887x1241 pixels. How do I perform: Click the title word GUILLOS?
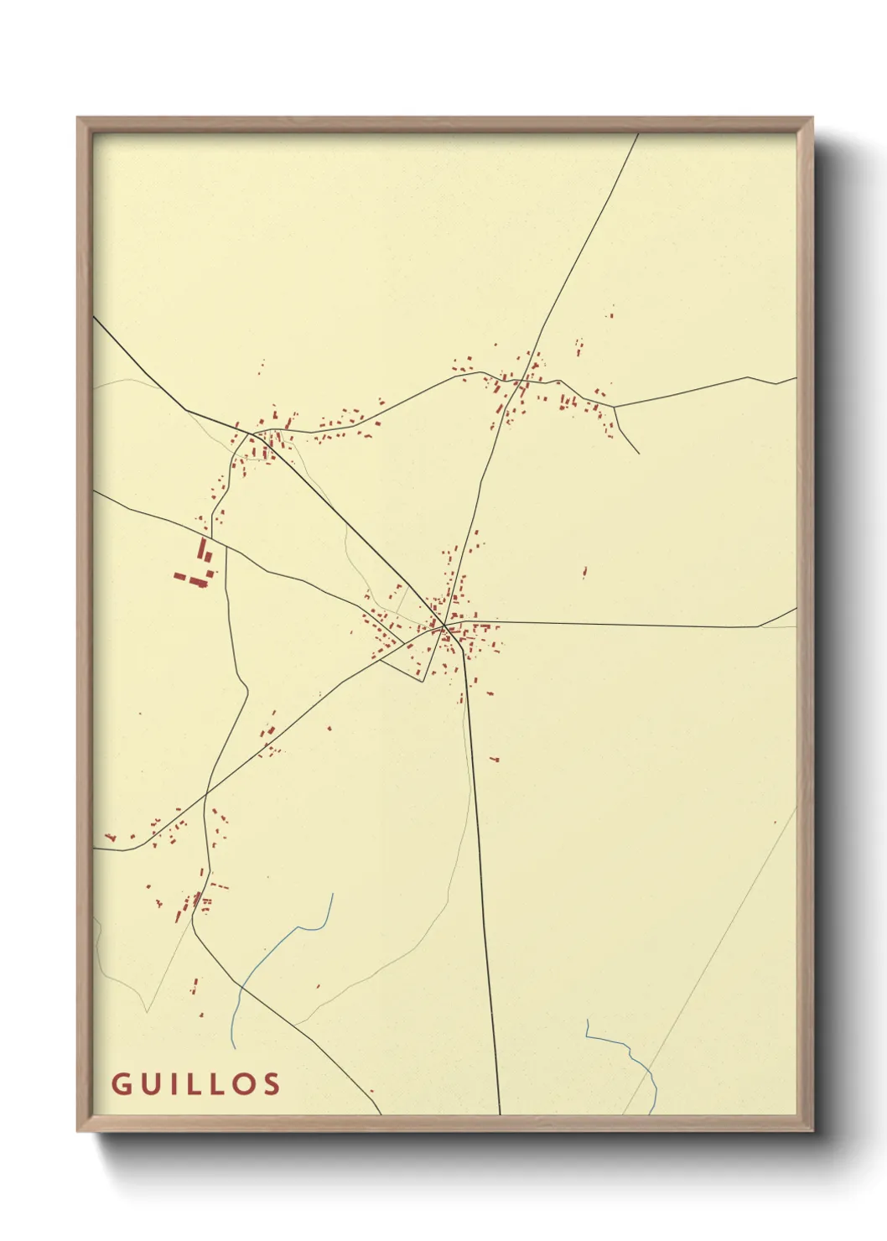[x=196, y=1083]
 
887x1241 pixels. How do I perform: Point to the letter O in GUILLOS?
[x=243, y=1083]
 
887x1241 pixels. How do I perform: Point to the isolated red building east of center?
[x=584, y=573]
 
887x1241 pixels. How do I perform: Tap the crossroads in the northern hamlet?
[x=520, y=382]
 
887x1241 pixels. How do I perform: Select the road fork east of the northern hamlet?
[x=614, y=407]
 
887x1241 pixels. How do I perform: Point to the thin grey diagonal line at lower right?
[x=713, y=956]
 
